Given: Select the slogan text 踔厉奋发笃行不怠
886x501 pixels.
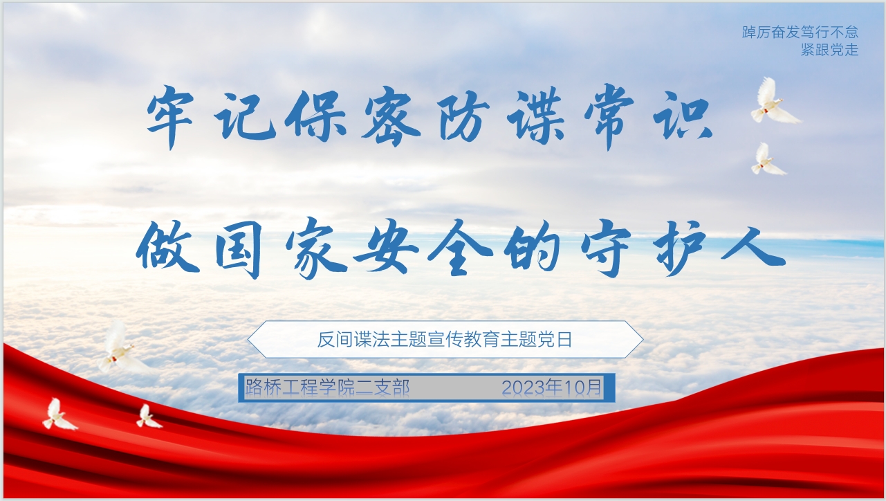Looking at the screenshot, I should tap(800, 33).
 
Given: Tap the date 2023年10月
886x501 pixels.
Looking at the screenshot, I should tap(552, 388).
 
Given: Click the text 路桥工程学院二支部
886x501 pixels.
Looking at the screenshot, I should tap(327, 388).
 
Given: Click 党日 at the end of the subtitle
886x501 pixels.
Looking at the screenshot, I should tap(557, 340).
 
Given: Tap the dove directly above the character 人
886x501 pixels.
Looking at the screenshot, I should tap(766, 161).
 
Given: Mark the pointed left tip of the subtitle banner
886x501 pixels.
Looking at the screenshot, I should tap(249, 339).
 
